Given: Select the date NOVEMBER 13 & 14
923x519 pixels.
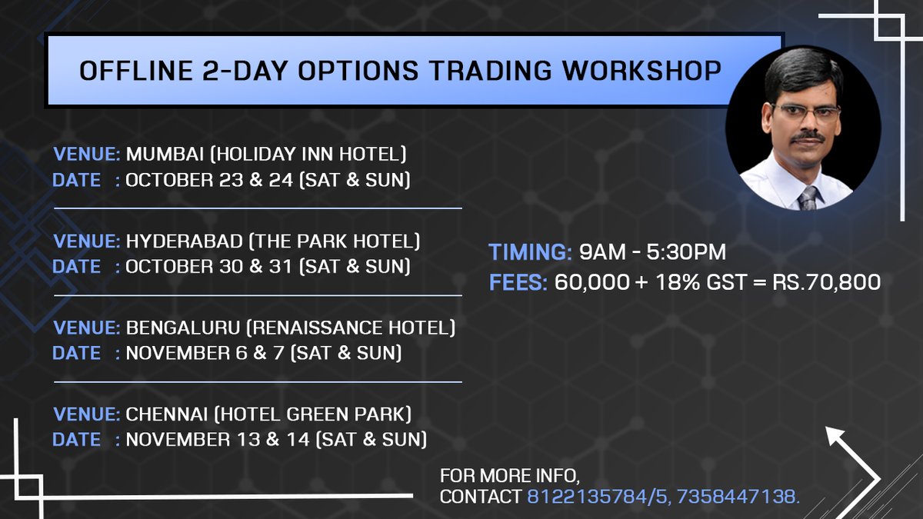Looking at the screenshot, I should pyautogui.click(x=217, y=441).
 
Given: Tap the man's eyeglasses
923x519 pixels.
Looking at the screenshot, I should pyautogui.click(x=805, y=114).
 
